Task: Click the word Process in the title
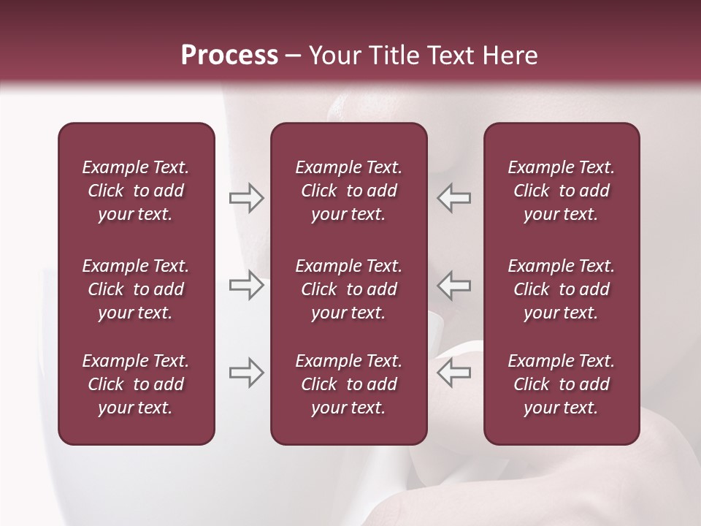[229, 56]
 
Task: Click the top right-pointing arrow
[246, 198]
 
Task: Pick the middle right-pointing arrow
[246, 285]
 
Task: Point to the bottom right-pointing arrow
[246, 373]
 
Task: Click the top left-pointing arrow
[453, 198]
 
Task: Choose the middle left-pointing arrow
[453, 285]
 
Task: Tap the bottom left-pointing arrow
[453, 373]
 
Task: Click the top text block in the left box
[136, 191]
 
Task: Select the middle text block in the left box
[136, 289]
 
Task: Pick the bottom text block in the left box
[136, 384]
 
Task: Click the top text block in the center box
[349, 191]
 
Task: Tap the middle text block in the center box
[349, 289]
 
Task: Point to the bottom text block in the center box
[349, 384]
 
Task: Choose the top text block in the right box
[562, 191]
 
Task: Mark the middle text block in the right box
[562, 289]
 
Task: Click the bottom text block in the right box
[562, 384]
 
